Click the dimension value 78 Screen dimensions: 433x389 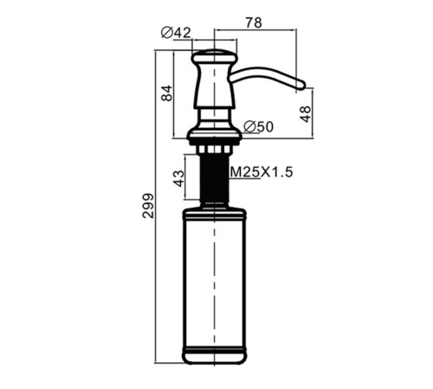[254, 22]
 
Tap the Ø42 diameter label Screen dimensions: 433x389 [176, 33]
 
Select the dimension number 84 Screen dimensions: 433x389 [166, 93]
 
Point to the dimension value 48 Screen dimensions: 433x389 [305, 114]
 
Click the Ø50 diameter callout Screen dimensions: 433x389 [258, 127]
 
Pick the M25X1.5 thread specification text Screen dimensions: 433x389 [262, 172]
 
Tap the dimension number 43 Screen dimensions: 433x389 [178, 178]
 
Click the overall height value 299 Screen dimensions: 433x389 [148, 206]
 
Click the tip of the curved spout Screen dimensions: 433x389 [304, 85]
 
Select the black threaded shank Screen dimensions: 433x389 [215, 177]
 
